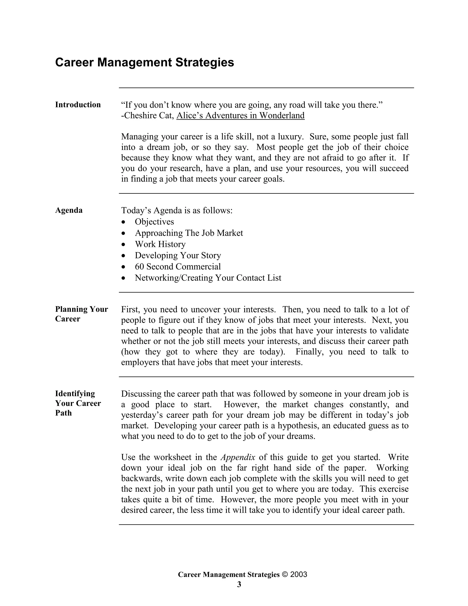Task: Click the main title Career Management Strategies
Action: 144,62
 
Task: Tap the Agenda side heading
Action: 69,210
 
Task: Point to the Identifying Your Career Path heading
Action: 78,403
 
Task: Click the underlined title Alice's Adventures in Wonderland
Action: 240,115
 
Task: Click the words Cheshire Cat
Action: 149,115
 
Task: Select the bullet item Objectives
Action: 154,221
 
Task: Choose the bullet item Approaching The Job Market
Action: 189,233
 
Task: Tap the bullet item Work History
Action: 160,244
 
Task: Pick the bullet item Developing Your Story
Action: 178,255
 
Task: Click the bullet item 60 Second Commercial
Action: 178,266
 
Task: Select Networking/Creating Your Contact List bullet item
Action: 208,278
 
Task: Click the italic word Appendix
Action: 238,457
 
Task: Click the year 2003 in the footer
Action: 299,574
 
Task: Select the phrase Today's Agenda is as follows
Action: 177,210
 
